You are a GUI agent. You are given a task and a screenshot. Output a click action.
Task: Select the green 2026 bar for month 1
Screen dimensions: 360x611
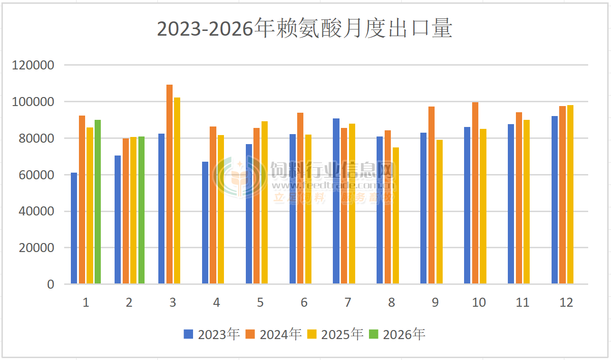point(97,202)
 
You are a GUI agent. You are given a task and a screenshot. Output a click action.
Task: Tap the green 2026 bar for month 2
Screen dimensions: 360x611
point(141,210)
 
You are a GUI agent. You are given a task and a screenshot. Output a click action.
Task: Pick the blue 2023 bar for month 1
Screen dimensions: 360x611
point(74,228)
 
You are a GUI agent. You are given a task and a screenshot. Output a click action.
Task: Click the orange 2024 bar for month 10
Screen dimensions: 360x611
point(475,193)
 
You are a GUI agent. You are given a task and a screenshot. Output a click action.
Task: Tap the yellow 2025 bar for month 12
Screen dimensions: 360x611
point(570,195)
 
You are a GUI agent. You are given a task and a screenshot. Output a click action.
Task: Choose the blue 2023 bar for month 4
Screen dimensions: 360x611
point(205,223)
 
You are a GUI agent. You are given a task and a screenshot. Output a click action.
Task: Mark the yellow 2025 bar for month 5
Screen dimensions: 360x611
point(264,203)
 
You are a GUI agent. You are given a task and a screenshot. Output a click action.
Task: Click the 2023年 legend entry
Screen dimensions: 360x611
point(212,334)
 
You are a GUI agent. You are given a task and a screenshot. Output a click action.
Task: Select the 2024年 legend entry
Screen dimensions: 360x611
point(273,334)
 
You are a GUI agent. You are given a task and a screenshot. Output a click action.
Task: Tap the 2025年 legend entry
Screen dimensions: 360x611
point(335,334)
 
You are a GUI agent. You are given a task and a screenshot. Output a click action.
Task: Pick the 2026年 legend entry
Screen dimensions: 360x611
point(397,334)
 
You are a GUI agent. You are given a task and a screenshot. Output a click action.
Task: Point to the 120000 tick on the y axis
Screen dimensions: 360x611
point(33,65)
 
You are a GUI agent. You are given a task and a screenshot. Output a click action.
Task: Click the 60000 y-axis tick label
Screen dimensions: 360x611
point(36,175)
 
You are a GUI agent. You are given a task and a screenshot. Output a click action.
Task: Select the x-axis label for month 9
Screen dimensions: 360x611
point(435,302)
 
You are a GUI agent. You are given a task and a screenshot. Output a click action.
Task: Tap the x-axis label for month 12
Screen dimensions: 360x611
point(566,302)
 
